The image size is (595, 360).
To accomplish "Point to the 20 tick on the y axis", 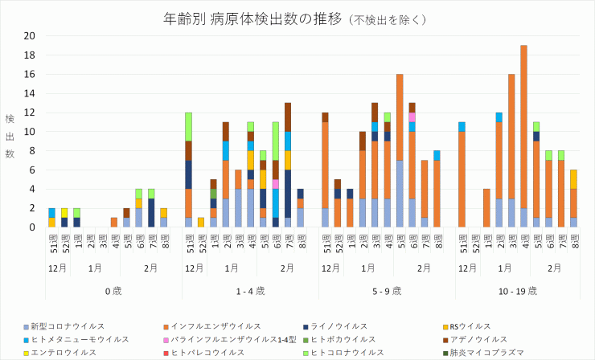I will coord(30,35).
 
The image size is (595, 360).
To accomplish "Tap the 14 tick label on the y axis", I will coord(30,93).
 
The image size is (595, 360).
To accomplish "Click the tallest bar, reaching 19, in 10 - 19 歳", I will coord(523,137).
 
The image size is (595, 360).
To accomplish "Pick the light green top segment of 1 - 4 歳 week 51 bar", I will coord(189,126).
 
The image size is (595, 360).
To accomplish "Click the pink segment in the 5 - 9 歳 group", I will coord(412,117).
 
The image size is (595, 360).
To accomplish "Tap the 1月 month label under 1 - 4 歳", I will coord(232,268).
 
